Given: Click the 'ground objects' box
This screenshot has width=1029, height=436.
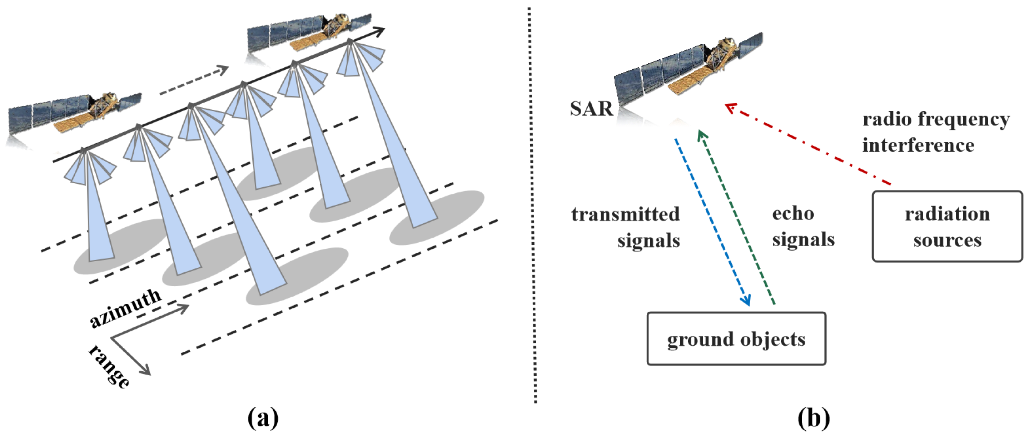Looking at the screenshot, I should click(x=736, y=338).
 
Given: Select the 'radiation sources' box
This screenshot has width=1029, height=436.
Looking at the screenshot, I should click(x=947, y=227).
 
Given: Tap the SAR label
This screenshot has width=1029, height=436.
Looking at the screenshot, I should click(x=591, y=109).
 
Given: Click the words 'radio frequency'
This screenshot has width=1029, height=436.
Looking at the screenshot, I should click(x=936, y=119).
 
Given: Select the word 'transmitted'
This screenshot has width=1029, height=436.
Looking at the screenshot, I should click(x=626, y=214).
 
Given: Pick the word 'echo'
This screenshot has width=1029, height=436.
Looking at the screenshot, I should click(x=793, y=213).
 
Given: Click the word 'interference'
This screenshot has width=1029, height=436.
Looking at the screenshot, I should click(x=918, y=145).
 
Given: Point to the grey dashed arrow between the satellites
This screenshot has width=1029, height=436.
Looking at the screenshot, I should click(x=194, y=81).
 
